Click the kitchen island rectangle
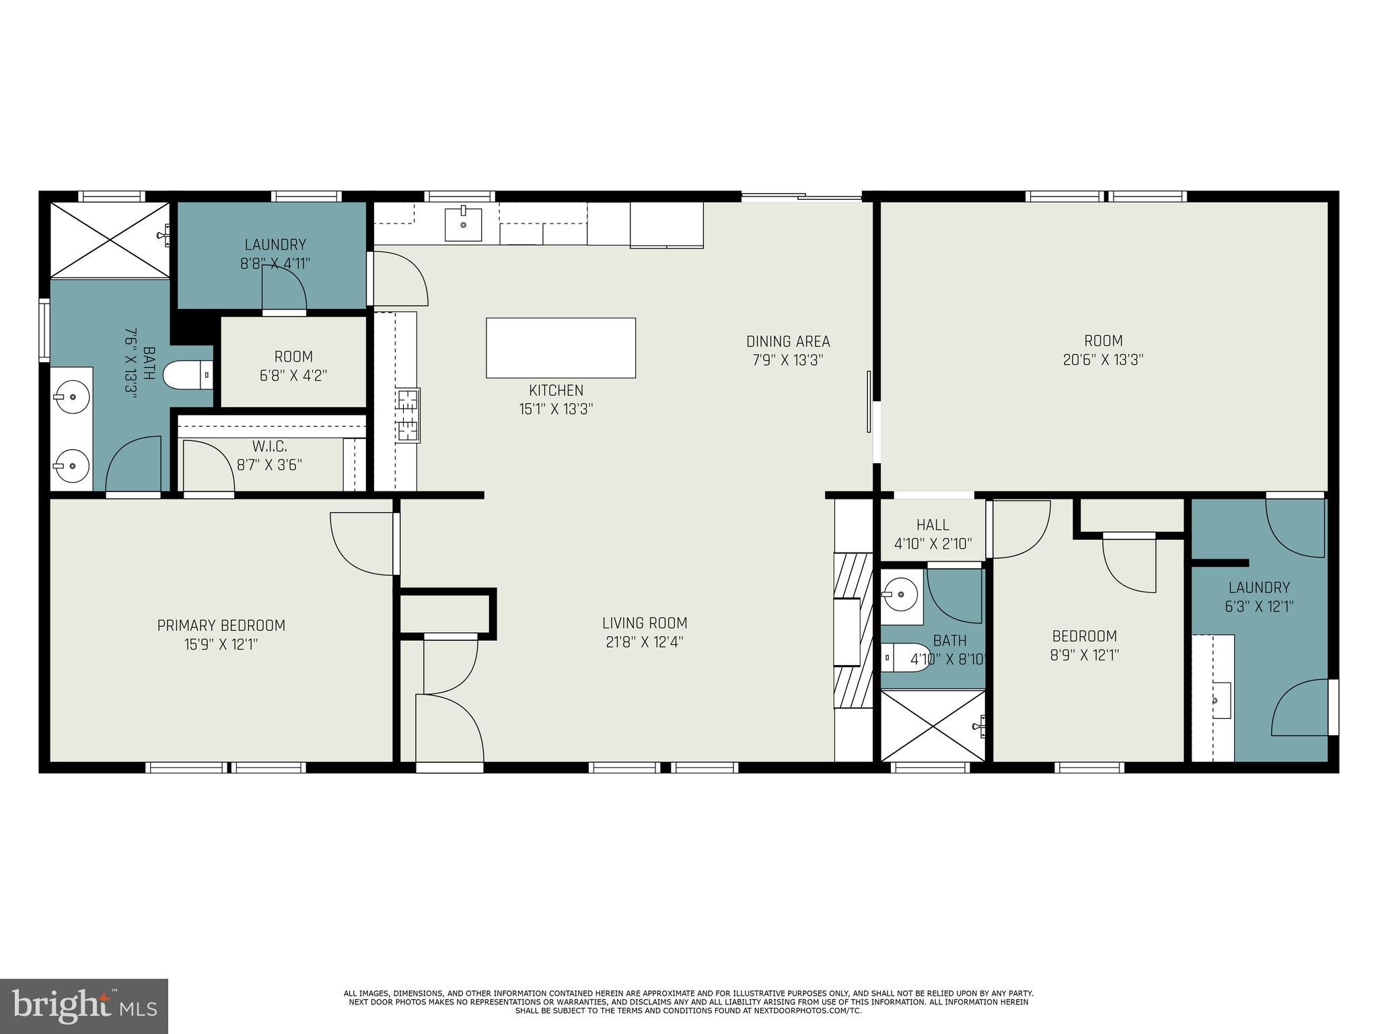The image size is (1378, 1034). [560, 348]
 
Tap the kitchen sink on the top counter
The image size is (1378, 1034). [463, 224]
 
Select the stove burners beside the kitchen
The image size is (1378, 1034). [408, 415]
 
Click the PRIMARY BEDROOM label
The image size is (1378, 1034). [221, 625]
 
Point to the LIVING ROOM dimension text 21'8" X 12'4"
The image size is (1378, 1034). [645, 642]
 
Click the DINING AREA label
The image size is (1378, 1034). [788, 341]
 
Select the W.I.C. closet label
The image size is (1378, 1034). [270, 446]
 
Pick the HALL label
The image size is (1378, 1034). [933, 524]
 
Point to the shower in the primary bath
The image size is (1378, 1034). [110, 239]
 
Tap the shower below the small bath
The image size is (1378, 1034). [932, 726]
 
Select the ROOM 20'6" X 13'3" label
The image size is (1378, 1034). [1103, 341]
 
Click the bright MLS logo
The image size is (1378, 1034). [83, 1006]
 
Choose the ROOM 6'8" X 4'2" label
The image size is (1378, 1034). [293, 357]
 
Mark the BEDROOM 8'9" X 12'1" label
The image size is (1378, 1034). [1084, 636]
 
